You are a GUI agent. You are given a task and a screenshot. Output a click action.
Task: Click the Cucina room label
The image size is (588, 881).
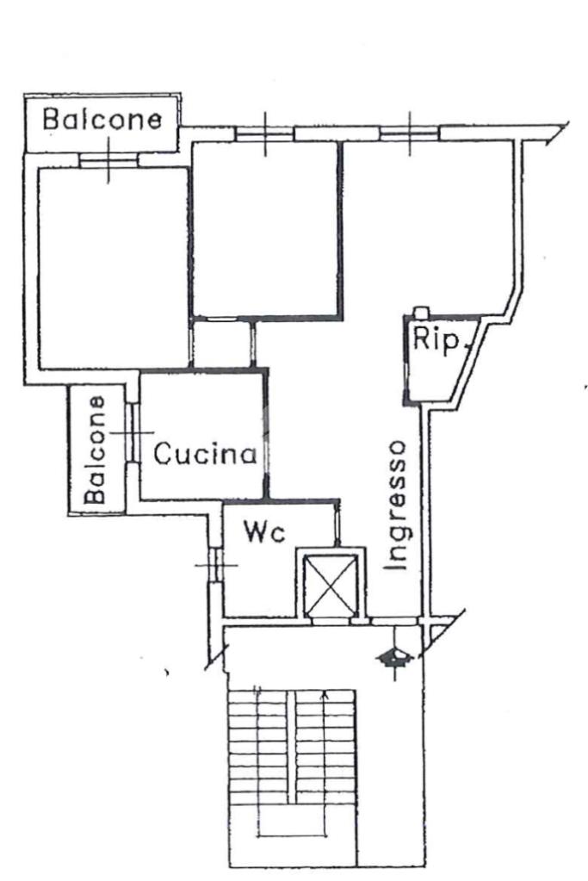pos(206,453)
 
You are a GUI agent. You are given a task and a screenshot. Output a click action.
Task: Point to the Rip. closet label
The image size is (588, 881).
pos(437,340)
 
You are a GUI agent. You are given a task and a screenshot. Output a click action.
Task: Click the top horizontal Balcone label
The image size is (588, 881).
pos(102,119)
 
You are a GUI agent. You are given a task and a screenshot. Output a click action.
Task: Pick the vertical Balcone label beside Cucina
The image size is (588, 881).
pos(96,449)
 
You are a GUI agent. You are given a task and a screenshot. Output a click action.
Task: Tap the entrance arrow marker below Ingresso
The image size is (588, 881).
pos(394,658)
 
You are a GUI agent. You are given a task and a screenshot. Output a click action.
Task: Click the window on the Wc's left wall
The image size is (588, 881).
pos(212,563)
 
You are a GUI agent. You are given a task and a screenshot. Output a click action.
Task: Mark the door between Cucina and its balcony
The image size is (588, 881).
pos(133,431)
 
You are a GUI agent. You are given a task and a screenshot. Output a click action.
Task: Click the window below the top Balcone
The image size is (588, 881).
pos(108,159)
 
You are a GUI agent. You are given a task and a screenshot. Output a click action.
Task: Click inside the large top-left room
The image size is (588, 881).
pos(112,267)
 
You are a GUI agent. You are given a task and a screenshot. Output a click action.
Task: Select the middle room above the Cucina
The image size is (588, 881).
pos(264,228)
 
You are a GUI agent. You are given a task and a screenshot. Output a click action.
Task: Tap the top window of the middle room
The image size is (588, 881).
pos(264,133)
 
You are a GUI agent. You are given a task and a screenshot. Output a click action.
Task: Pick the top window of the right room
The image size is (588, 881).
pos(410,133)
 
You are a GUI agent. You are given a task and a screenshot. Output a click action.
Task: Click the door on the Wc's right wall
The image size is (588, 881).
pos(337,523)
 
